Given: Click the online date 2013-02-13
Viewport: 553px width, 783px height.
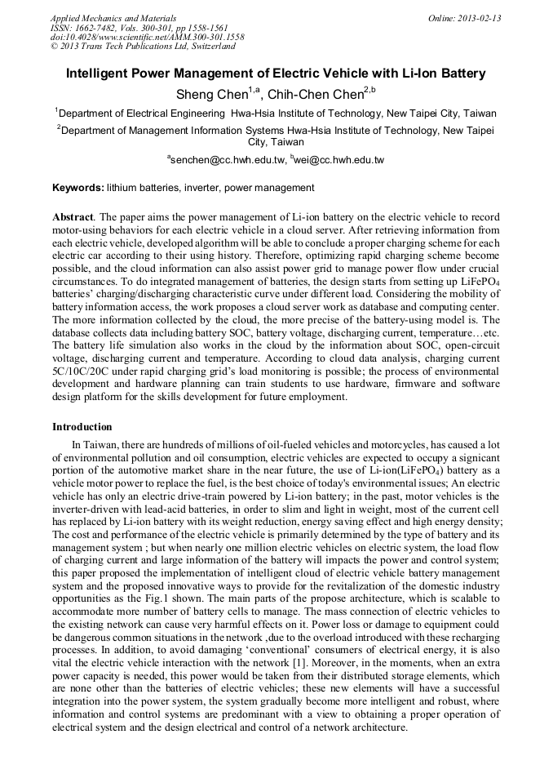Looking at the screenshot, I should coord(475,18).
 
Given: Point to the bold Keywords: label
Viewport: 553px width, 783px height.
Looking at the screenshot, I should coord(78,188).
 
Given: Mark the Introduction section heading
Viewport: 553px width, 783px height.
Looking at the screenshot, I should coord(82,427).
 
